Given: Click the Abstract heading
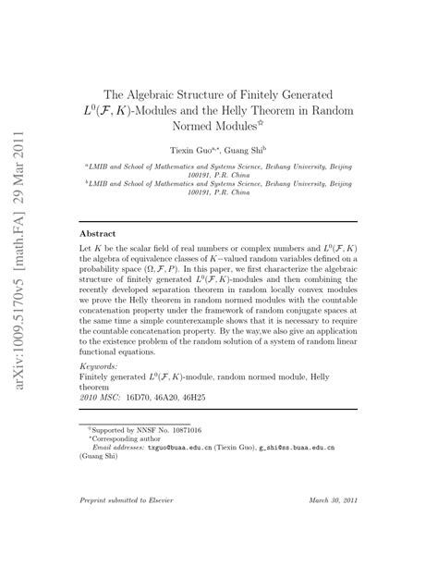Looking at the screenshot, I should click(99, 235).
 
